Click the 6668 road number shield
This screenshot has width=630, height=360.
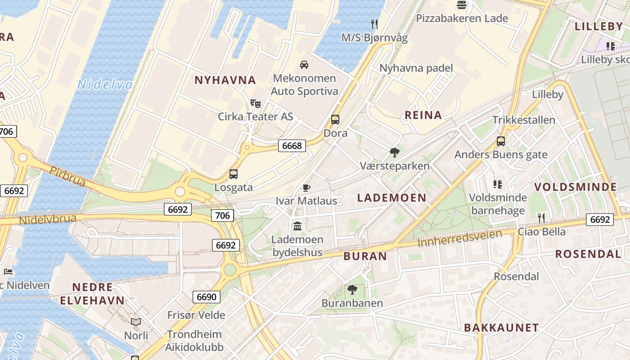(292, 146)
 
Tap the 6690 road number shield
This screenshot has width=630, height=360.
(207, 297)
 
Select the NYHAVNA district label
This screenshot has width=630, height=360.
(225, 81)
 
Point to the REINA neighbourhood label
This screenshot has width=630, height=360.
(423, 115)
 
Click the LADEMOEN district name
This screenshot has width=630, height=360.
(391, 198)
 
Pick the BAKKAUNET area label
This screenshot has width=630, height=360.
(501, 328)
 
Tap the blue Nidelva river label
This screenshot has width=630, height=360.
(105, 85)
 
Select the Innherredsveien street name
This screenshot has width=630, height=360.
(459, 238)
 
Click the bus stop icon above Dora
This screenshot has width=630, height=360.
(335, 120)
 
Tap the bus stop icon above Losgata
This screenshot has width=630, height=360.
(233, 174)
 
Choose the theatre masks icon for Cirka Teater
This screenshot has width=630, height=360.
(256, 104)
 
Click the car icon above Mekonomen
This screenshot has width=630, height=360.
(304, 65)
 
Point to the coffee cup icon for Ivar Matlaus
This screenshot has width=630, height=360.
(306, 188)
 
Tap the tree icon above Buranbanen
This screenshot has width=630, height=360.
(352, 290)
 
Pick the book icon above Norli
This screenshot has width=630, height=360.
(136, 322)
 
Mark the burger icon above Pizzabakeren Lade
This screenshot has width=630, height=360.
(462, 5)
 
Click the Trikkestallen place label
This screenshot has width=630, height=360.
(524, 120)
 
